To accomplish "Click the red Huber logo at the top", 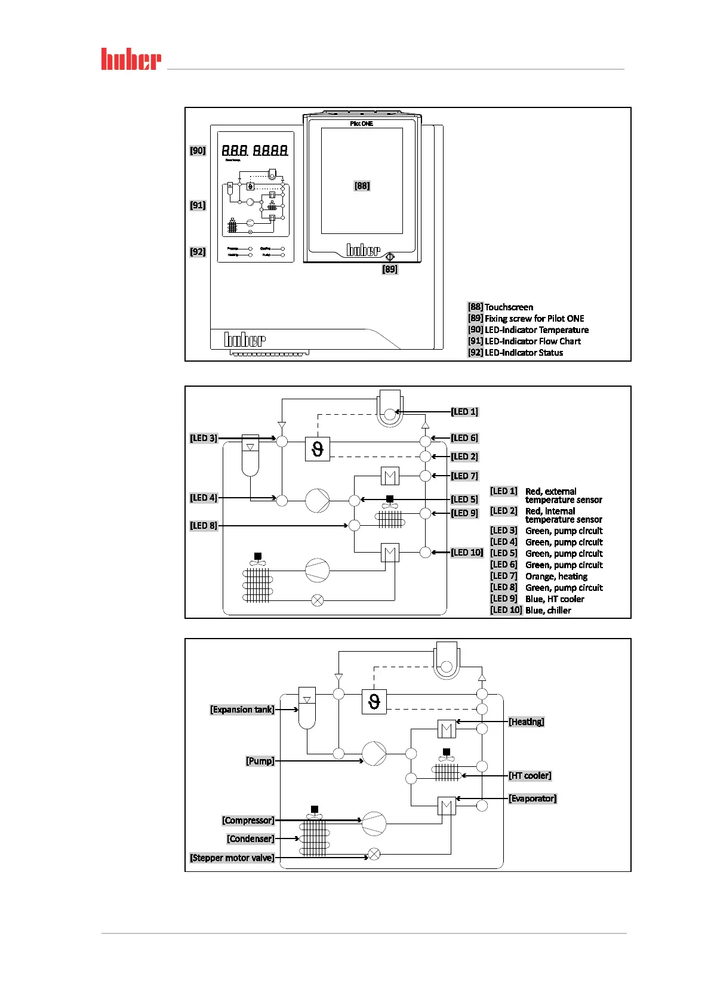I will pos(131,59).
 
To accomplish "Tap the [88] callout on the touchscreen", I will pos(362,186).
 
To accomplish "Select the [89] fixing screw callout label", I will pos(390,269).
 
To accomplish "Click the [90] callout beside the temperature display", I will pos(198,150).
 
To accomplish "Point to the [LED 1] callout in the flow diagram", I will pos(464,412).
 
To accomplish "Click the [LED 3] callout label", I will pos(204,438).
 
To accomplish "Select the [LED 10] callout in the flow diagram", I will pos(467,553).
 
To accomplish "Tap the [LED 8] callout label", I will pos(204,526).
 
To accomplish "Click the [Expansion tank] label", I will pos(242,710).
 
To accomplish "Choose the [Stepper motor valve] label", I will pos(232,858).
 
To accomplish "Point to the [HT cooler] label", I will pos(530,776).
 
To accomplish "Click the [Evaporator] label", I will pos(533,799).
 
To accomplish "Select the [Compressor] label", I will pos(248,821).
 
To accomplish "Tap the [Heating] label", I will pos(527,722).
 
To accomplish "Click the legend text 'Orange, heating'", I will pos(556,577).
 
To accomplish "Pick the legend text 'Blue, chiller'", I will pos(548,611).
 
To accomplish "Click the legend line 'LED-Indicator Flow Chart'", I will pos(533,341).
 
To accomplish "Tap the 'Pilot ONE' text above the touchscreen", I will pos(361,124).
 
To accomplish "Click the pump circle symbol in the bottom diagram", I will pos(374,754).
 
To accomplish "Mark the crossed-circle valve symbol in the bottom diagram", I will pos(374,854).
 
